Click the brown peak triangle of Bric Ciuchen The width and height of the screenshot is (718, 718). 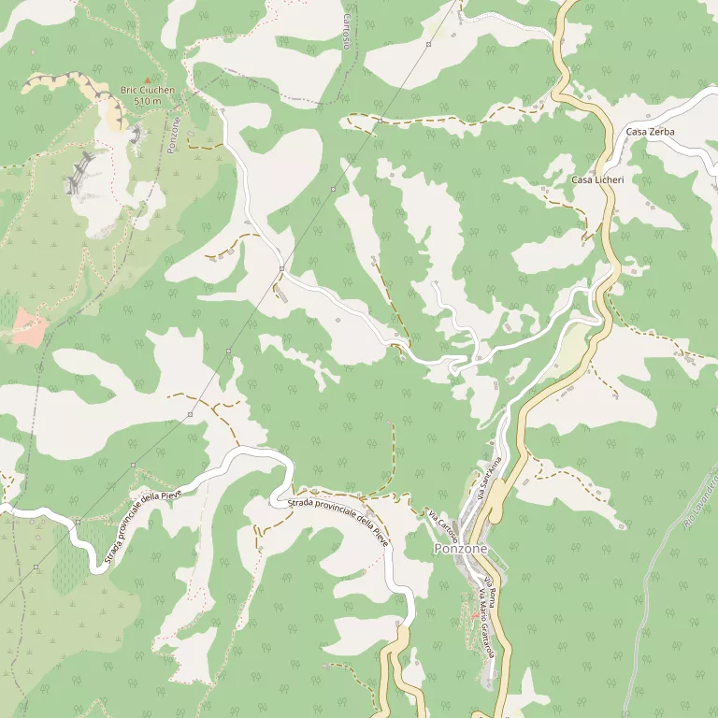pyautogui.click(x=147, y=80)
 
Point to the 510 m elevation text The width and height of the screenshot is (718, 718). pyautogui.click(x=148, y=101)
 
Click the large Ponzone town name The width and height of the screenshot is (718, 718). pyautogui.click(x=460, y=549)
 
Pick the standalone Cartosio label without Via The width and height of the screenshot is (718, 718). pyautogui.click(x=347, y=31)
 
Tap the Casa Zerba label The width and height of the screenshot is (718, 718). pyautogui.click(x=650, y=132)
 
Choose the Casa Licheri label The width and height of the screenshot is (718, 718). pyautogui.click(x=597, y=179)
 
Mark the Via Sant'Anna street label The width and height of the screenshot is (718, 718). pyautogui.click(x=491, y=478)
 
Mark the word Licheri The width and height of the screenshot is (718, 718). pyautogui.click(x=609, y=179)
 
